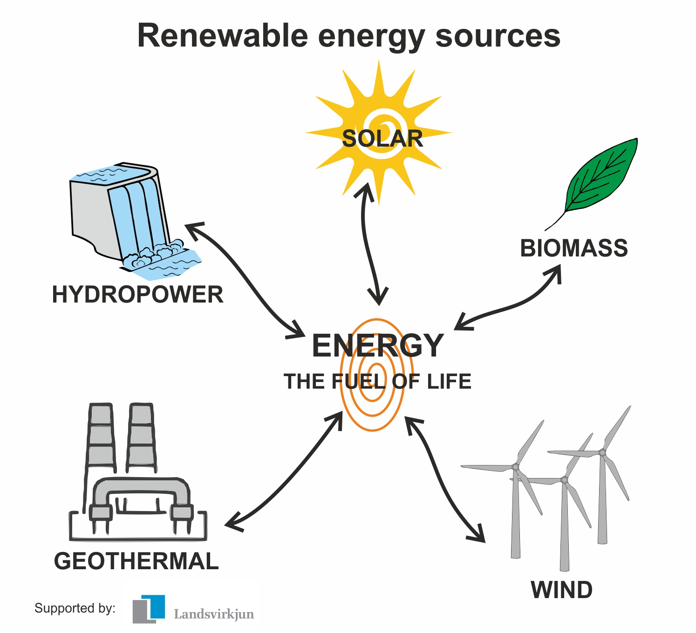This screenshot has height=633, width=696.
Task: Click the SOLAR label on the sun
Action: [x=382, y=139]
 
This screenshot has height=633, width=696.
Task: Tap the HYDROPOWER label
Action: [x=137, y=295]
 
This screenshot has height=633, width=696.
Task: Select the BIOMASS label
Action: [x=573, y=248]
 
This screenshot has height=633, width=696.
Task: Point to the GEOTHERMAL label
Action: [x=136, y=561]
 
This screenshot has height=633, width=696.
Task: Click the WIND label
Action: [x=561, y=590]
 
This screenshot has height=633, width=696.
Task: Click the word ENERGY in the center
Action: [x=377, y=346]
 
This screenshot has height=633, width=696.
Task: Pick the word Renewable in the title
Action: [x=223, y=36]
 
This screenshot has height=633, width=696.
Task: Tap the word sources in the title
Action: [x=498, y=36]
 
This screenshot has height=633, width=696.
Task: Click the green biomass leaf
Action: [x=601, y=177]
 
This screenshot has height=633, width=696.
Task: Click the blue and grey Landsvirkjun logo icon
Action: [x=149, y=608]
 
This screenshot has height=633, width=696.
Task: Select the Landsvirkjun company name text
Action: [x=214, y=614]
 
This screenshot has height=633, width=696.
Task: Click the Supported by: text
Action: [x=75, y=608]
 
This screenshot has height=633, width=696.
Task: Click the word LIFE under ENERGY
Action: [x=449, y=382]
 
